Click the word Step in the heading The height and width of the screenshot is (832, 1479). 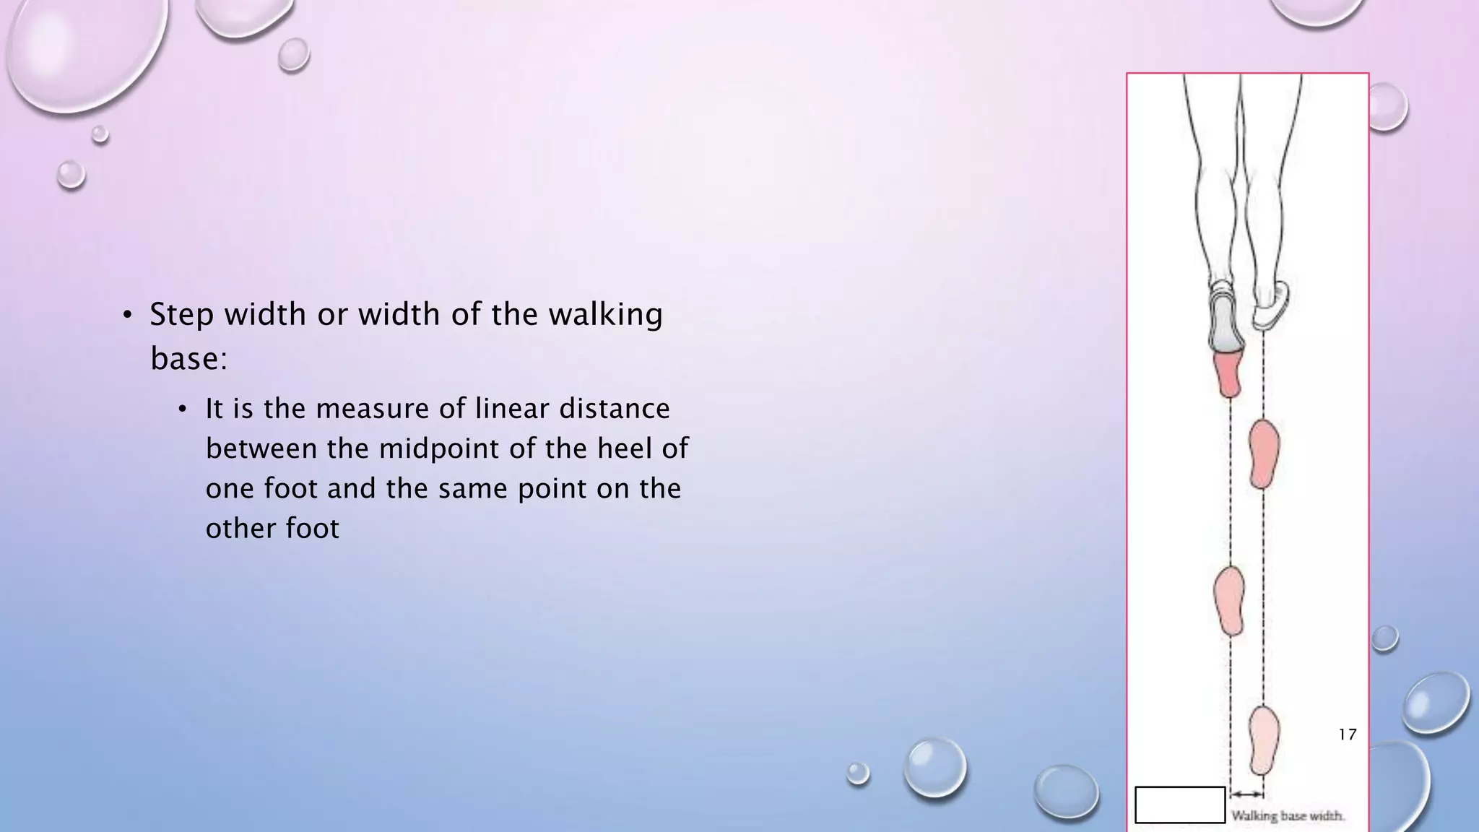tap(181, 315)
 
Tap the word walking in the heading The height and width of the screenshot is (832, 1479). tap(605, 315)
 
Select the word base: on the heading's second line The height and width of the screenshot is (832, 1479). tap(188, 358)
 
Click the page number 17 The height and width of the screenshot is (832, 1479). tap(1347, 734)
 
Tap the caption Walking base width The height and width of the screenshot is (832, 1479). tap(1288, 816)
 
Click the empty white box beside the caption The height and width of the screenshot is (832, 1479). tap(1180, 805)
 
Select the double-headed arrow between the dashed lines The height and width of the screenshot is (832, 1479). tap(1247, 794)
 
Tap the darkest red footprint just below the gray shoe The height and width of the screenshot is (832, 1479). tap(1228, 373)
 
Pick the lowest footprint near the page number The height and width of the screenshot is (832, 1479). tap(1264, 740)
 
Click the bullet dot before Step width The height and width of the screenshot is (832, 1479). tap(127, 315)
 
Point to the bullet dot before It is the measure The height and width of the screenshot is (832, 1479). tap(183, 409)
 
